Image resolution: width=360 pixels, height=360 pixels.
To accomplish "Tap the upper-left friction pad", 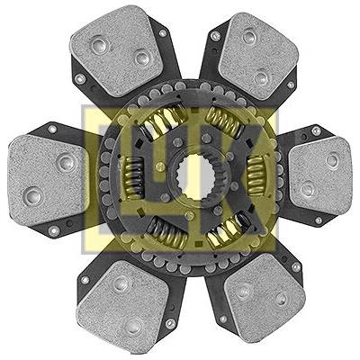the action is tap(117, 50).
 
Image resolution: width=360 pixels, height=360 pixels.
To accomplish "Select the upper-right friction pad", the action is tap(258, 56).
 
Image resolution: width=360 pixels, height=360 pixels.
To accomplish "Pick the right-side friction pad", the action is tap(319, 176).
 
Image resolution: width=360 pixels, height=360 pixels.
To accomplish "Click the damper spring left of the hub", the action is tap(133, 177).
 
